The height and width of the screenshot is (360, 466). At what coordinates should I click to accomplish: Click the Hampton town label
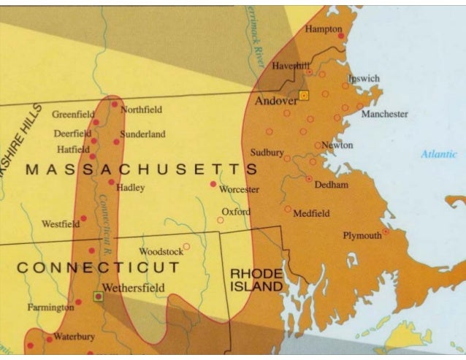[322, 28]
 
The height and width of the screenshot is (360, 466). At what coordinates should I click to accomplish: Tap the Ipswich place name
[363, 78]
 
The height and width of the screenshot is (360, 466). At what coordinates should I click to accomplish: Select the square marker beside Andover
[304, 96]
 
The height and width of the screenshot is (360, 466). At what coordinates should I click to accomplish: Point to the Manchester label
[384, 114]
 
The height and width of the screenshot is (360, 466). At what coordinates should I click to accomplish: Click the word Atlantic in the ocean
[438, 154]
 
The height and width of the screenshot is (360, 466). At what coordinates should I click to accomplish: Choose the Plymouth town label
[362, 235]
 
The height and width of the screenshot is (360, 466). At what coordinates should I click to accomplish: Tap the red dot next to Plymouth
[386, 231]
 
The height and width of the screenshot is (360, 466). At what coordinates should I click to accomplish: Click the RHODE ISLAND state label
[256, 280]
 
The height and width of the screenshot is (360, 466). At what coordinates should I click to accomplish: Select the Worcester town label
[239, 189]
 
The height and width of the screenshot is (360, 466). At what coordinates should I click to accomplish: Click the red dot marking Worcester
[213, 184]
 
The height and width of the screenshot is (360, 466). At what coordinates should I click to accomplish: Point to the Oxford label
[235, 212]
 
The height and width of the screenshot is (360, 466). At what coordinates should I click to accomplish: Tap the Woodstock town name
[161, 251]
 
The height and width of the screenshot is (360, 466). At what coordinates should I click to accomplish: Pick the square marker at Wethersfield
[98, 296]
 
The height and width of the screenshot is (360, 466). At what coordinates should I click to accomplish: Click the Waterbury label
[74, 337]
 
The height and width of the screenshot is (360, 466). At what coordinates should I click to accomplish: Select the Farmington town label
[50, 307]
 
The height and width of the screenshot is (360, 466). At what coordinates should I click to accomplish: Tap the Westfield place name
[61, 223]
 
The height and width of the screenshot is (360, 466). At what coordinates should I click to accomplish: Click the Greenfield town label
[73, 115]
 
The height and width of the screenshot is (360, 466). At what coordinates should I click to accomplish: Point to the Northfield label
[141, 110]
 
